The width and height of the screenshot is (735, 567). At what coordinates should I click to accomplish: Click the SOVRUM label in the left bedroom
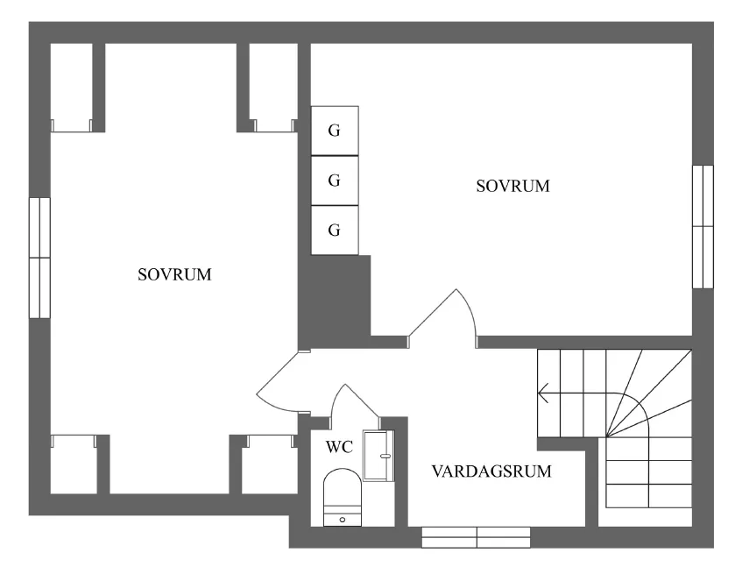(x=175, y=274)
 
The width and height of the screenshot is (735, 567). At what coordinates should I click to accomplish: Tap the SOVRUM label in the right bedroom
(x=512, y=187)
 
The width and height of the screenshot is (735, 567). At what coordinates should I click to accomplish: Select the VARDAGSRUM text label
(x=491, y=471)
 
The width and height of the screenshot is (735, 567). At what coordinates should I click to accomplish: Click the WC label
(x=339, y=448)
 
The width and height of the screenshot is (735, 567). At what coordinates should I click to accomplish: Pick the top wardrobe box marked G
(x=335, y=131)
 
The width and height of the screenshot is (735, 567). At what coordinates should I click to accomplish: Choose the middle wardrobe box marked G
(x=335, y=181)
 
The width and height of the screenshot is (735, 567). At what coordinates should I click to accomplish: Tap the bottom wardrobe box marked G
(x=335, y=230)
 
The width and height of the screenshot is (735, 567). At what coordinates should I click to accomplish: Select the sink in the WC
(x=378, y=456)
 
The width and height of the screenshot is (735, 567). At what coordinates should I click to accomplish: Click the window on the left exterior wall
(x=39, y=258)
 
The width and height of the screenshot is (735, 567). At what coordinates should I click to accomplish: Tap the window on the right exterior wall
(x=703, y=226)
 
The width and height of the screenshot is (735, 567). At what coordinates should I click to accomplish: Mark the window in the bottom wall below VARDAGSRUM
(x=476, y=536)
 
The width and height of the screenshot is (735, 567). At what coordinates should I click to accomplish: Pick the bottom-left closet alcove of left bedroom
(x=73, y=464)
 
